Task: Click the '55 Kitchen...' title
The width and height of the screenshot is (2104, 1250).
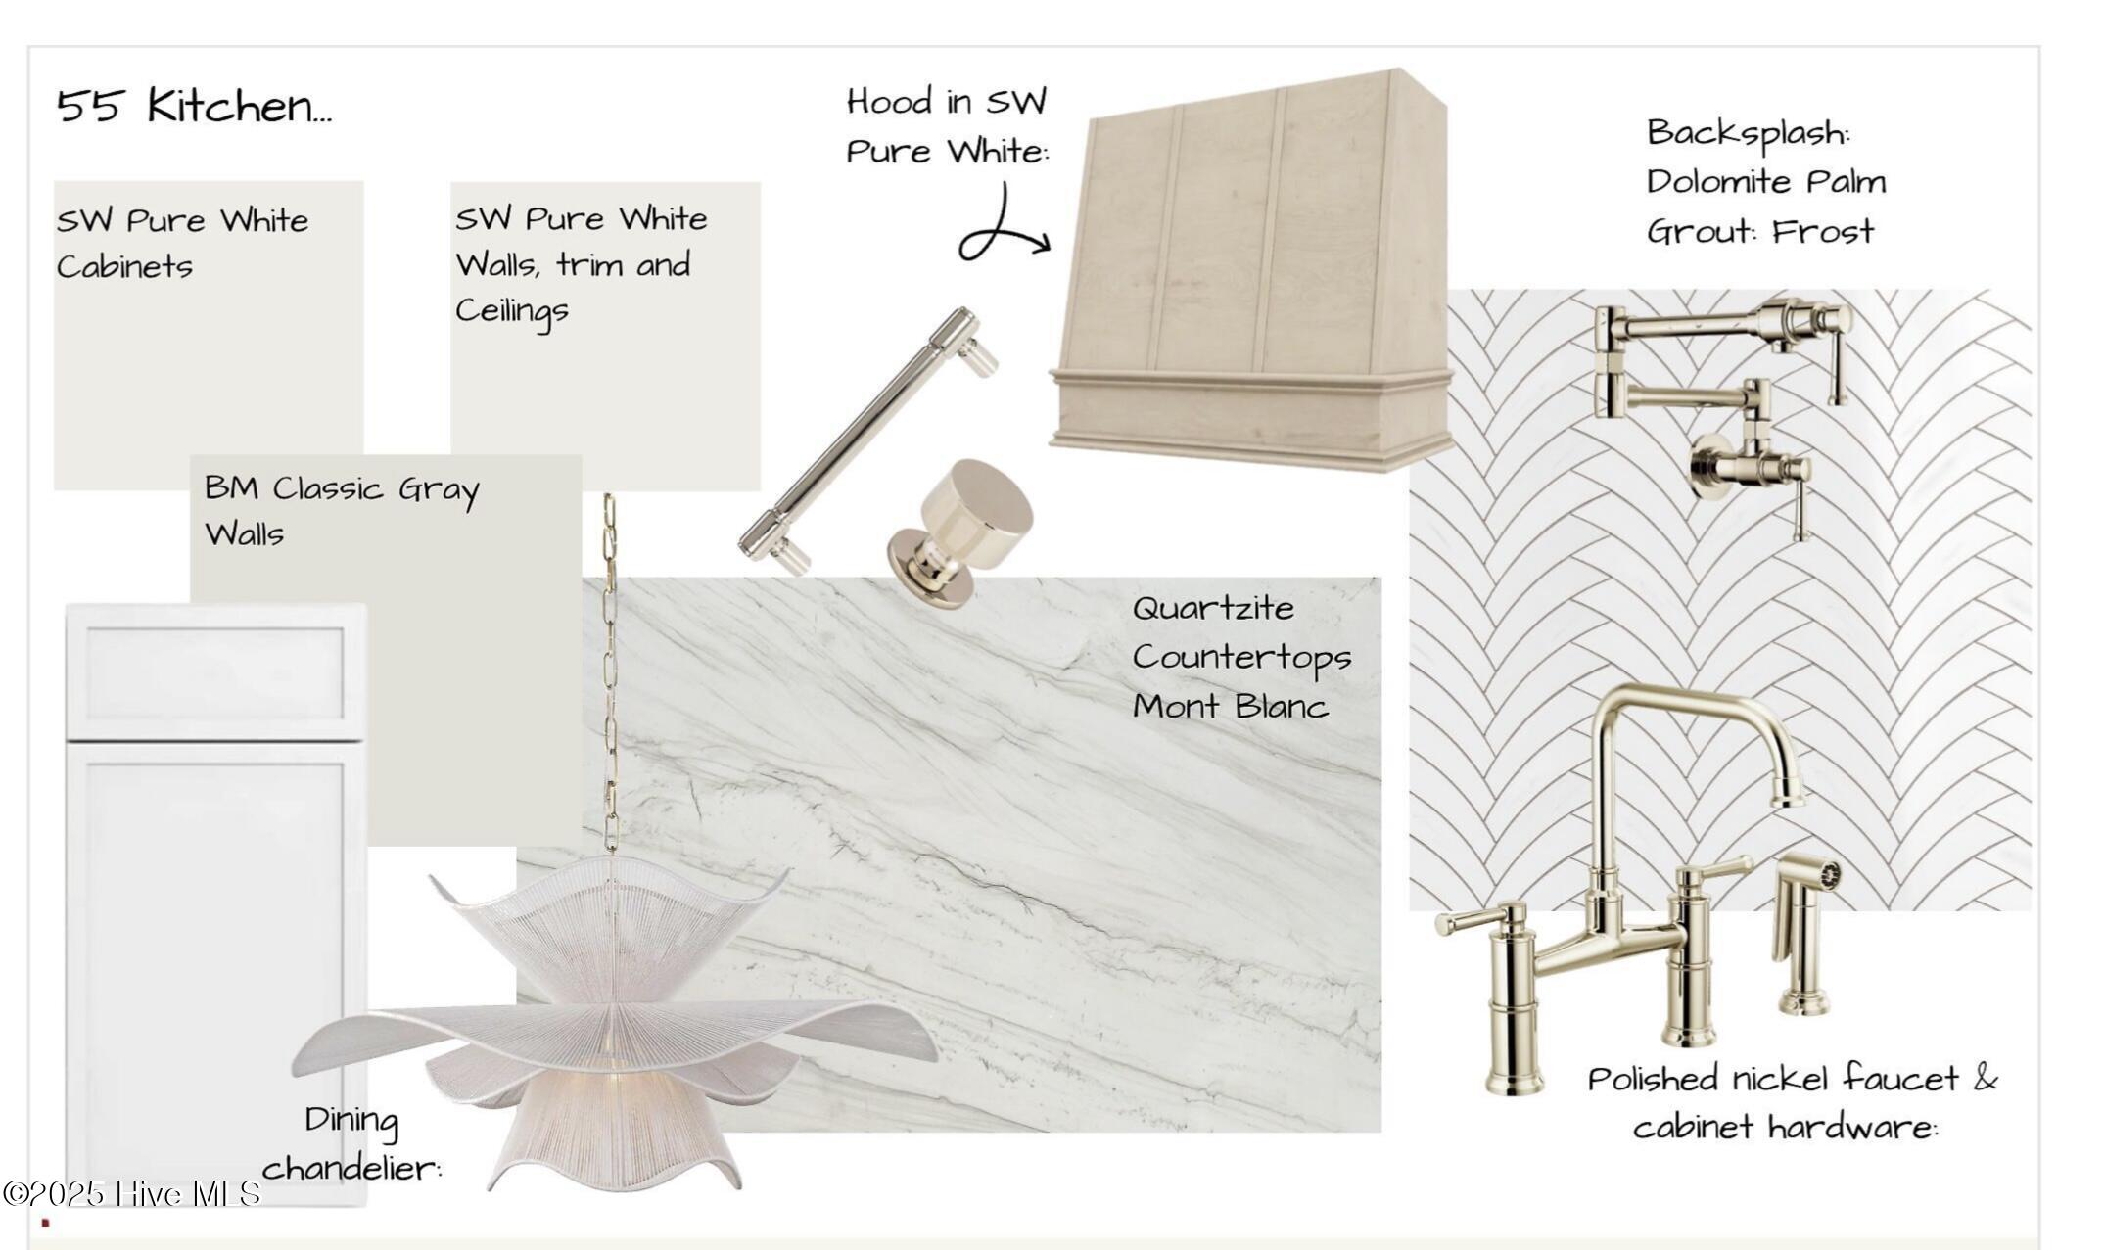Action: tap(194, 105)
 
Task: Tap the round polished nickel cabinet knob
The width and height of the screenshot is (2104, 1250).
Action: tap(959, 532)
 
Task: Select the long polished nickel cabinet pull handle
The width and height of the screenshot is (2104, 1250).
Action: tap(868, 440)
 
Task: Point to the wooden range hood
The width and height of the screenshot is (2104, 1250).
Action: tap(1250, 269)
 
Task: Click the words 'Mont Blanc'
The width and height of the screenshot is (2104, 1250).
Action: tap(1230, 706)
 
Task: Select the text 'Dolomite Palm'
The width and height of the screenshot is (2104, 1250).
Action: tap(1765, 181)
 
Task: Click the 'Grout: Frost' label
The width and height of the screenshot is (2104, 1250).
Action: tap(1759, 231)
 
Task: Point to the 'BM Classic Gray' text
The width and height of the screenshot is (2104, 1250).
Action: tap(342, 488)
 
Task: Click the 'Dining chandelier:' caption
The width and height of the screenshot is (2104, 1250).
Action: tap(351, 1143)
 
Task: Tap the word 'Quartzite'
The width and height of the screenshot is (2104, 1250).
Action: tap(1213, 608)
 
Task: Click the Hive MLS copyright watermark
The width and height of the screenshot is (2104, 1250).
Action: tap(131, 1194)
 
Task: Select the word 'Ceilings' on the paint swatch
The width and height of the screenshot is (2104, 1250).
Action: tap(511, 311)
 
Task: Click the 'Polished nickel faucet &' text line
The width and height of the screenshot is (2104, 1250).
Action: tap(1792, 1079)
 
